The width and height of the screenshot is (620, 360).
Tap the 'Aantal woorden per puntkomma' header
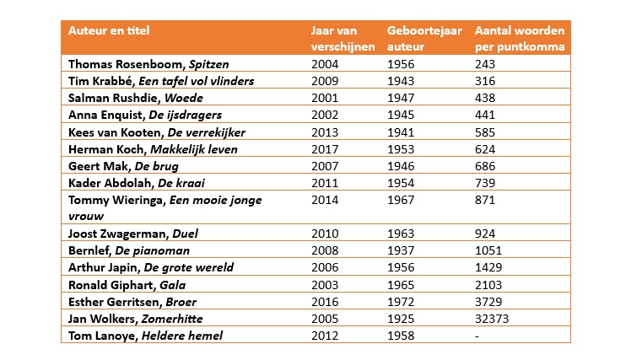[520, 39]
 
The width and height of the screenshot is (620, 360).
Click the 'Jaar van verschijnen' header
[342, 39]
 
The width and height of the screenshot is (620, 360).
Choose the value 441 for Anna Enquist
[486, 115]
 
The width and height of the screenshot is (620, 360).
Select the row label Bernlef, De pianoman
[128, 250]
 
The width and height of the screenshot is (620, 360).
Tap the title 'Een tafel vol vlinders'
[197, 81]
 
